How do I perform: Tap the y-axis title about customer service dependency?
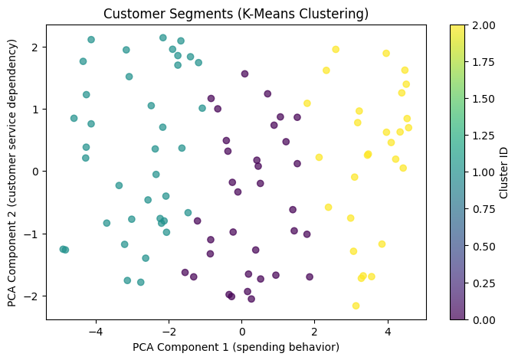[x=13, y=172]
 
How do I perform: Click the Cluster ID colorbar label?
[x=505, y=172]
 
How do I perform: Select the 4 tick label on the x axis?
[x=388, y=332]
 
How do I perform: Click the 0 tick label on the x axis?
[x=242, y=332]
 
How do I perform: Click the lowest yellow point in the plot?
[x=356, y=306]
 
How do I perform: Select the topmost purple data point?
[x=244, y=74]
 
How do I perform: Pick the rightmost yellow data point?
[x=408, y=128]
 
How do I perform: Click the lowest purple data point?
[x=251, y=299]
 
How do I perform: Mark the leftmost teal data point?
[x=63, y=249]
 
